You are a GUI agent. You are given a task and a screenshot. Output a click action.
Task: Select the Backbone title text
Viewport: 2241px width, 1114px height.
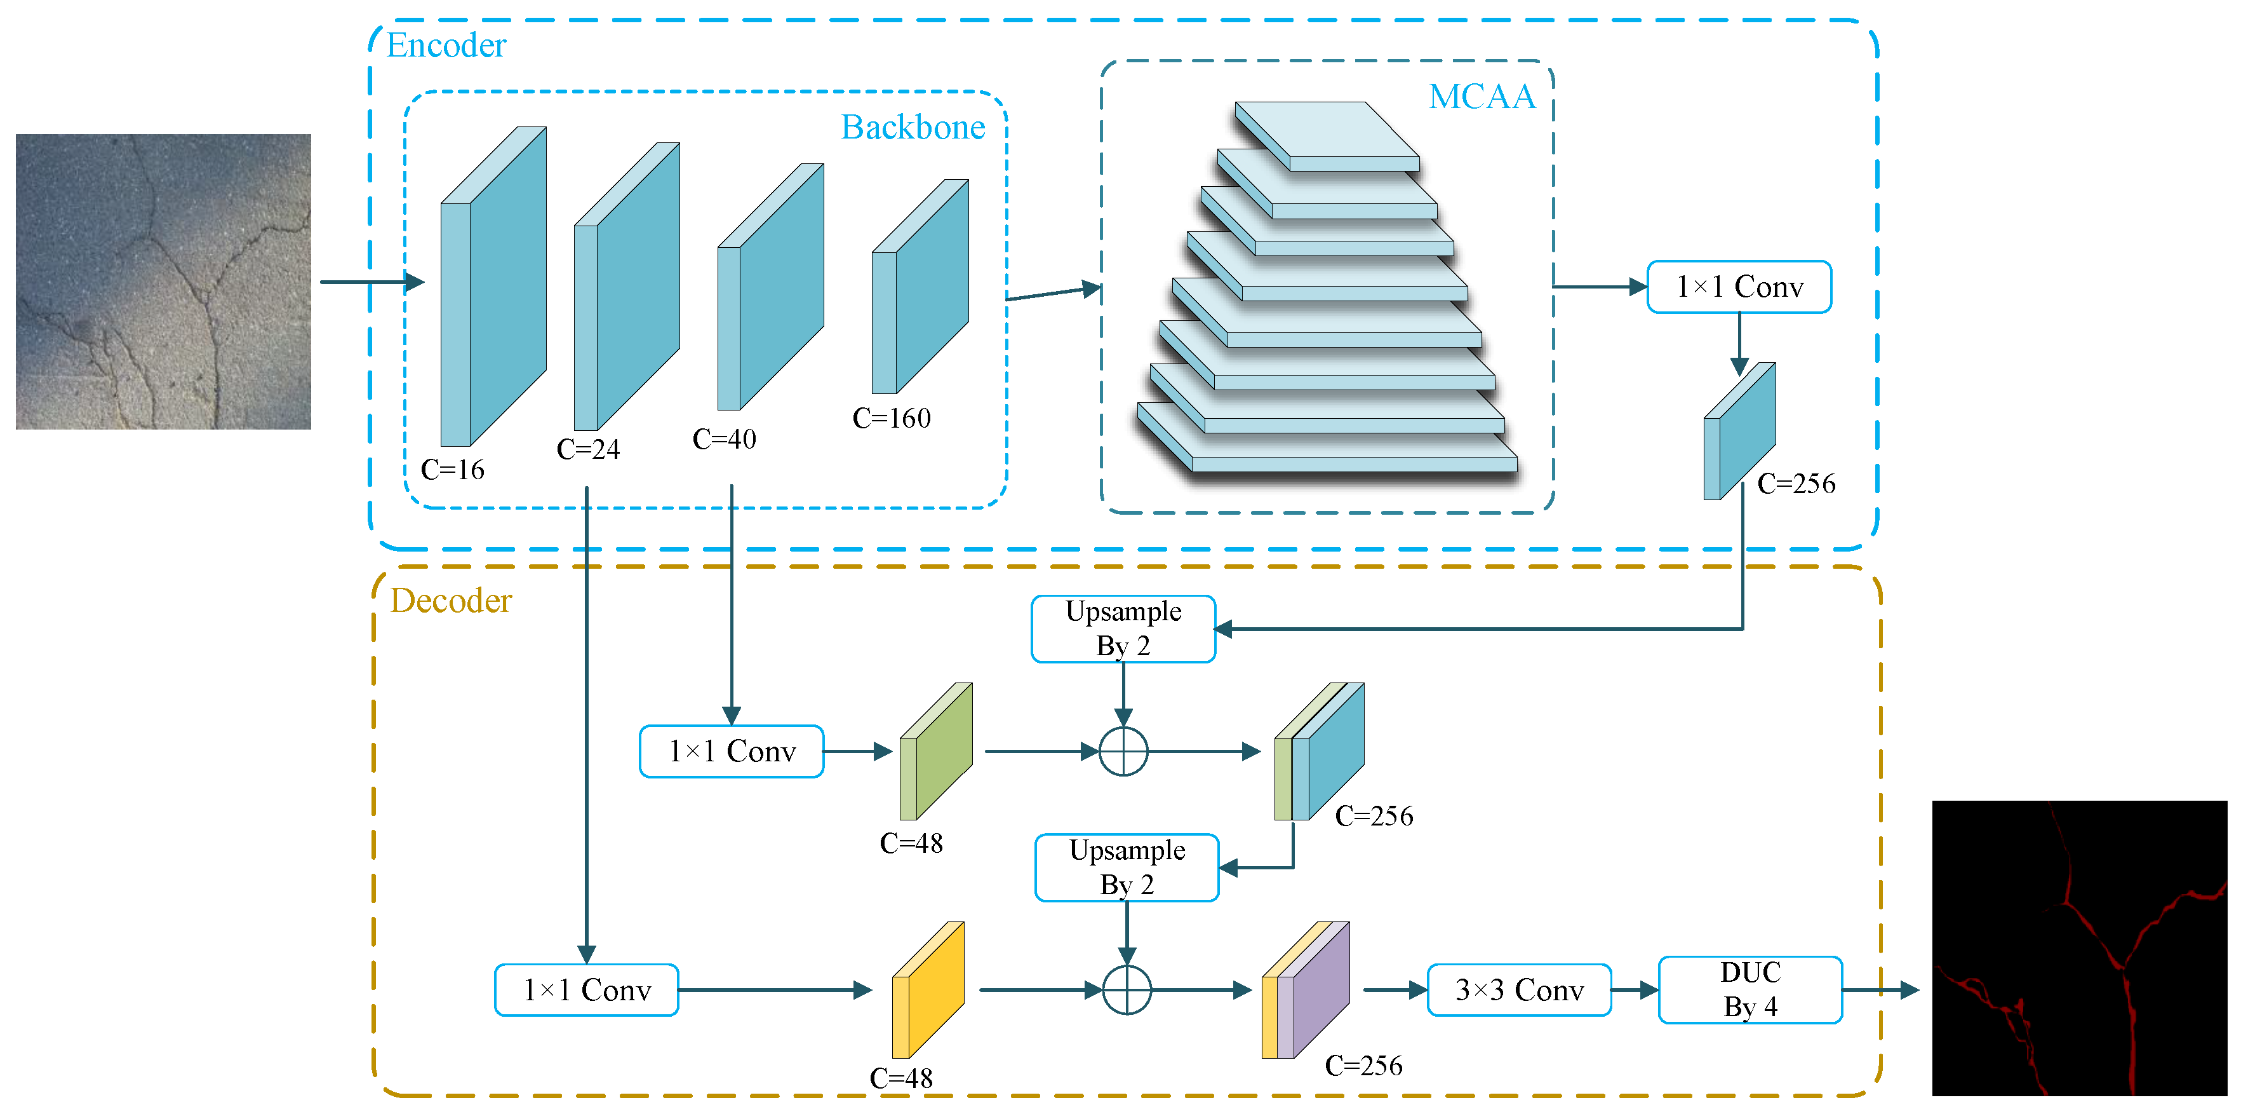(913, 127)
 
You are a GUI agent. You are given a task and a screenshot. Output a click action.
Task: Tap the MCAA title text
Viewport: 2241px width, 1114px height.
(1482, 96)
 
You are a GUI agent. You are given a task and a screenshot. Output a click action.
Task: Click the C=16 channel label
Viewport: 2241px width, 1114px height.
(452, 470)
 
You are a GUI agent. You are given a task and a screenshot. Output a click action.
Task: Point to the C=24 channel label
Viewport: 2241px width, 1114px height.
(588, 449)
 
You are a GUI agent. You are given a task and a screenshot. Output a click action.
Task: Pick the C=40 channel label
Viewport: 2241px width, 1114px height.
(724, 438)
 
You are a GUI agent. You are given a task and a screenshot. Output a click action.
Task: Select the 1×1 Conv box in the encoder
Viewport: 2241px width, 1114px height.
(1739, 287)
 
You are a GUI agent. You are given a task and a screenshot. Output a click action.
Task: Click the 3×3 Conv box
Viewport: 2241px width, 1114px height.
(1519, 989)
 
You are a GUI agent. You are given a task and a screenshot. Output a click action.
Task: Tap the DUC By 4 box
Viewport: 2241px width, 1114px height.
(1749, 989)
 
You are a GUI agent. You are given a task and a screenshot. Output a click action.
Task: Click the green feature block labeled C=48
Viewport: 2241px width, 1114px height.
(936, 752)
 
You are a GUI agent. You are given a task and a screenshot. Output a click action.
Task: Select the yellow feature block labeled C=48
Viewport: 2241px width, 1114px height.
(928, 991)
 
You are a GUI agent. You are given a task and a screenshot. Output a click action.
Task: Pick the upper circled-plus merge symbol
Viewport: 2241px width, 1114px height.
(1123, 751)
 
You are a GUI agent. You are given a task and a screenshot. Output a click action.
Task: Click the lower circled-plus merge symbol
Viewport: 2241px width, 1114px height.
(1127, 989)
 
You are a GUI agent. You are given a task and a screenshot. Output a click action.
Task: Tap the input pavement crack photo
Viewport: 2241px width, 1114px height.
(164, 281)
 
